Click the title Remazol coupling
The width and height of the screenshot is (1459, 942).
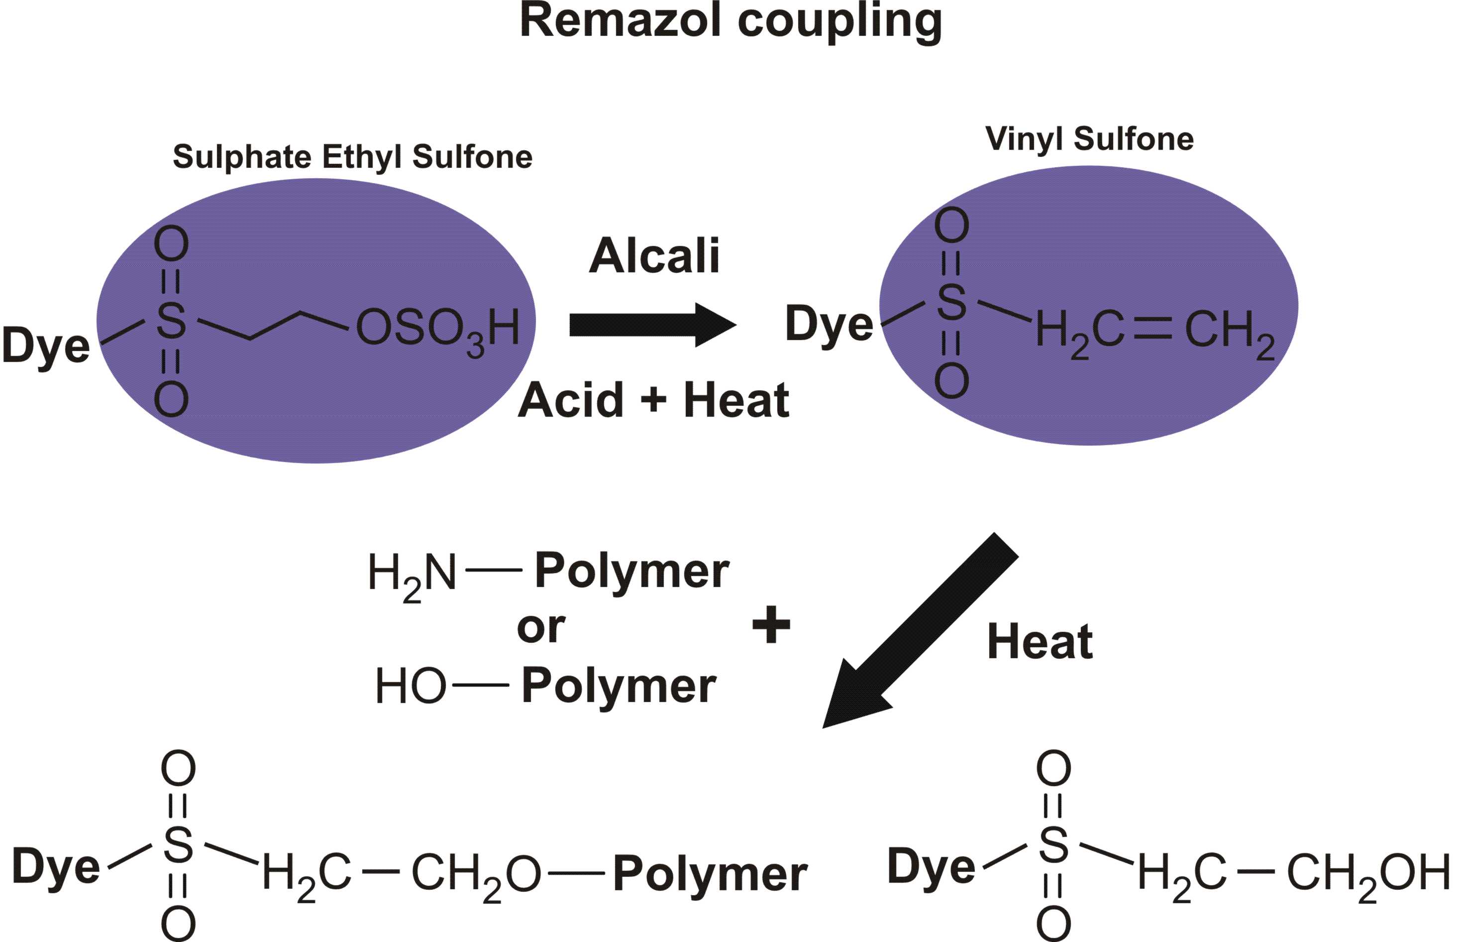click(x=730, y=21)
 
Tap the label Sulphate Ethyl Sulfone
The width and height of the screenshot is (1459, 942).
click(x=352, y=157)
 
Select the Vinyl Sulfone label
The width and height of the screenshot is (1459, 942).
click(x=1089, y=138)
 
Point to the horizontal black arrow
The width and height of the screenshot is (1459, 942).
click(x=651, y=325)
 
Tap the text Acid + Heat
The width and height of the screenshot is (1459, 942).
click(x=653, y=400)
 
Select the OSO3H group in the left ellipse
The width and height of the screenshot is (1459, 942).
click(x=437, y=329)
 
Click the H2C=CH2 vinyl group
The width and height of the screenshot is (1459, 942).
click(x=1155, y=332)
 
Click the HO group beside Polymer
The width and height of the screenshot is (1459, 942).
click(x=410, y=686)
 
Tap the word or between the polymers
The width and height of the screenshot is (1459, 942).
click(x=540, y=628)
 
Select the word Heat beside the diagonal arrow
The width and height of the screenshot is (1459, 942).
click(x=1040, y=642)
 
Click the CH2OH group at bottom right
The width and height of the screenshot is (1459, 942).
click(x=1369, y=873)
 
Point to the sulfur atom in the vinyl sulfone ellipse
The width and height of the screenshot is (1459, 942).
click(x=951, y=302)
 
